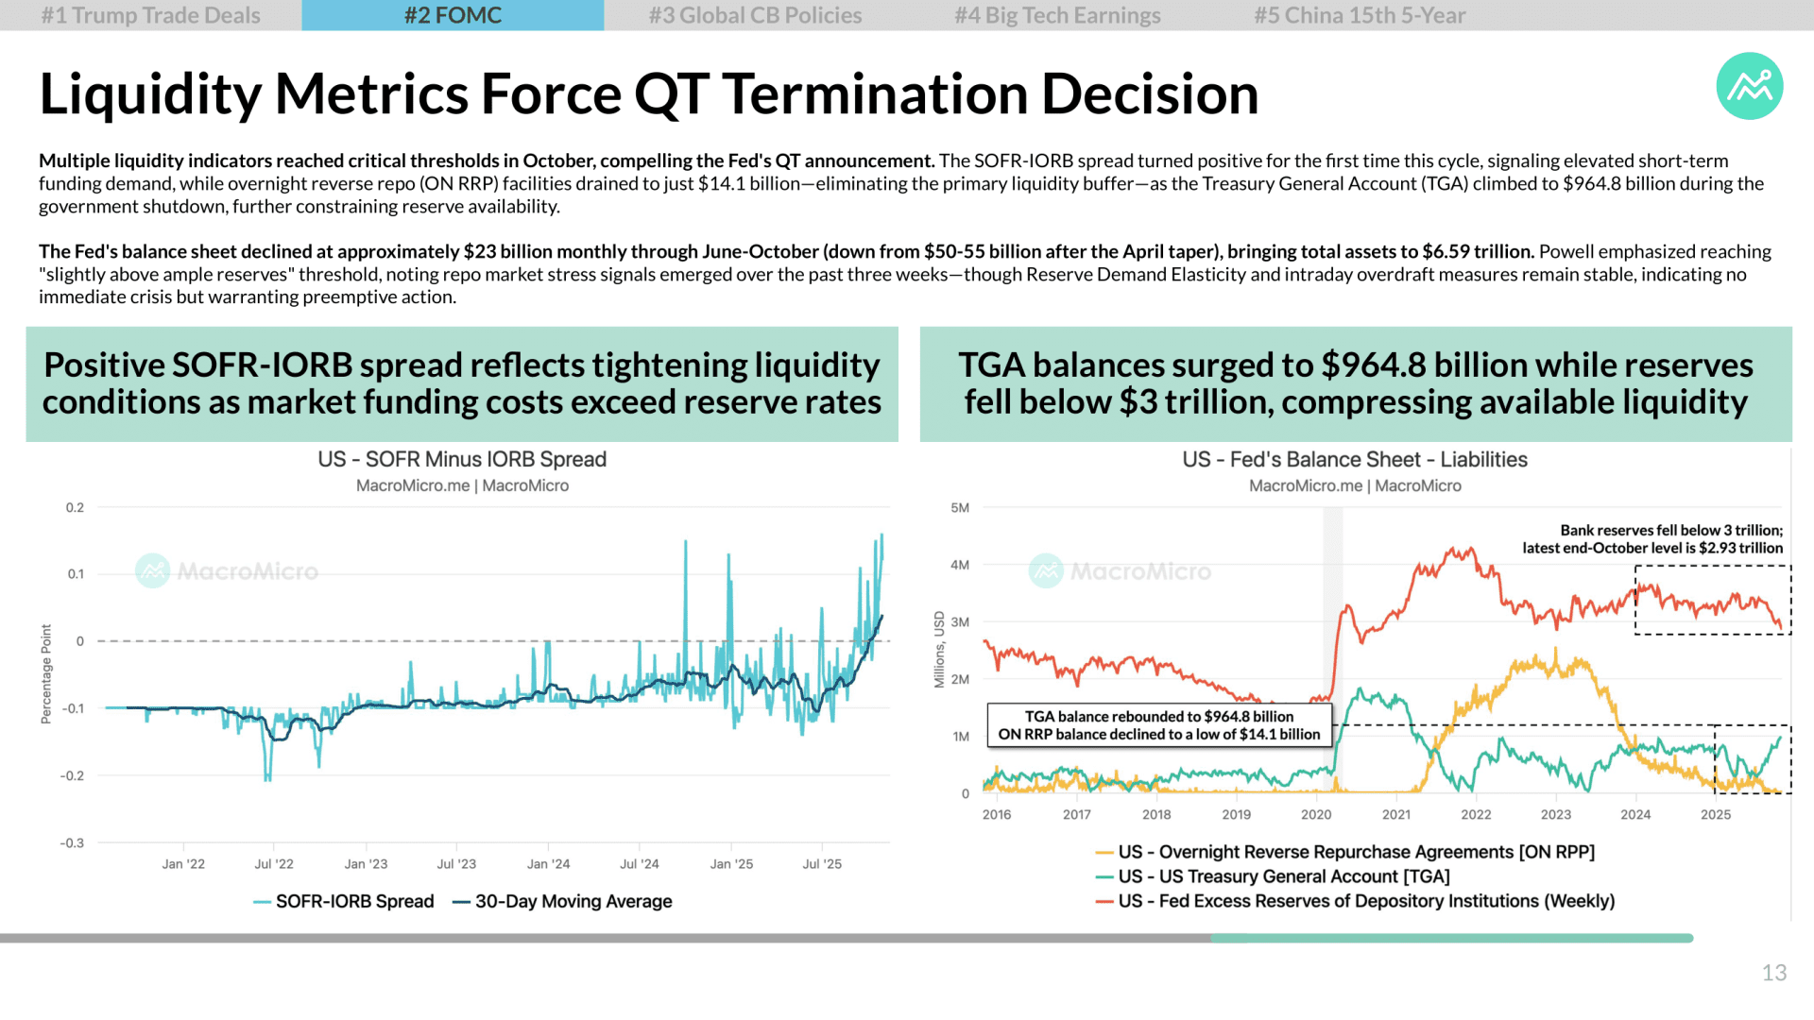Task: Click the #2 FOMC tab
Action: click(x=453, y=15)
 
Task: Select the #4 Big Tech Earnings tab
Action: click(x=1057, y=15)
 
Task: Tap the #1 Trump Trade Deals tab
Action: click(x=151, y=15)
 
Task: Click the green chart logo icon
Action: click(x=1750, y=86)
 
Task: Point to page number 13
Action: click(x=1773, y=973)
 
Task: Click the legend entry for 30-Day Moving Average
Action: click(x=562, y=901)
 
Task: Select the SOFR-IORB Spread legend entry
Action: click(x=344, y=901)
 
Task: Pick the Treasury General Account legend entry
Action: click(x=1273, y=876)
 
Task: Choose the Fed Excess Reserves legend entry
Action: click(x=1355, y=901)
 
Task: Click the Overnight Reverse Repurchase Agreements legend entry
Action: click(x=1345, y=852)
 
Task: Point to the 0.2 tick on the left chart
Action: click(x=75, y=507)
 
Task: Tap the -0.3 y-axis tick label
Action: click(x=72, y=842)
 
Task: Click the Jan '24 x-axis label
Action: click(x=548, y=863)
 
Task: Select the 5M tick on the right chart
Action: click(x=960, y=507)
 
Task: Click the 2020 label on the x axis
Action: click(x=1316, y=814)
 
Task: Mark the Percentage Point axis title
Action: click(x=45, y=674)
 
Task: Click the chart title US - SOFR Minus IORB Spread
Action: click(x=462, y=459)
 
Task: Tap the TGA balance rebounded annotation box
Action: click(x=1159, y=725)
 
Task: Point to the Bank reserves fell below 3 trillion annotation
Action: click(x=1652, y=539)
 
